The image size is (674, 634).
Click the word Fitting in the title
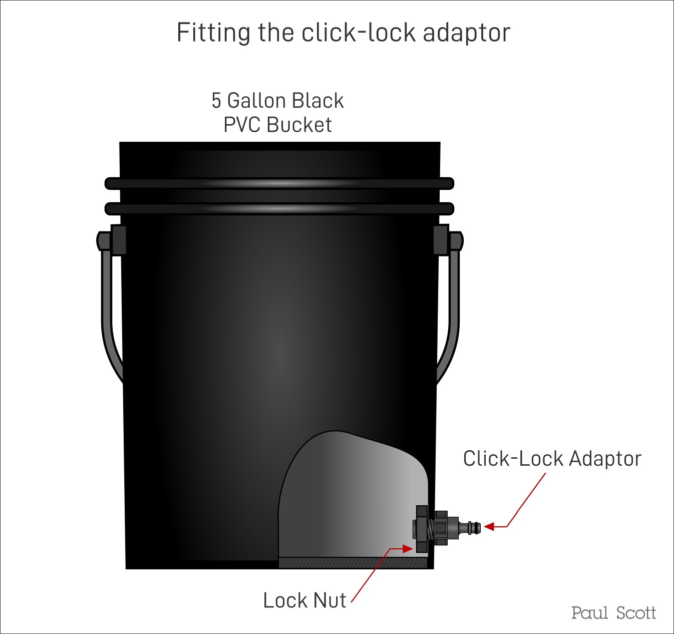[213, 33]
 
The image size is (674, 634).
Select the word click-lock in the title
[359, 32]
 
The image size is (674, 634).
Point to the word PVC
[242, 125]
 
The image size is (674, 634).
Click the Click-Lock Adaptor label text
[552, 459]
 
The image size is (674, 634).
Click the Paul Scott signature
[613, 613]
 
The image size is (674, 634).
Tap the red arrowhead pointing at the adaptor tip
[489, 527]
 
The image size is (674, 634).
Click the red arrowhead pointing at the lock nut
[408, 548]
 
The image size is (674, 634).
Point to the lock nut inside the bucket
[421, 529]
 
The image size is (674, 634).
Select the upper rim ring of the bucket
[279, 183]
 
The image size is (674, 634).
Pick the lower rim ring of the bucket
[279, 208]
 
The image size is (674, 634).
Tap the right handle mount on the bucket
[448, 240]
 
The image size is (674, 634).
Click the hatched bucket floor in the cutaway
[353, 563]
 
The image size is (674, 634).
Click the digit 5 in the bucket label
[216, 101]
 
